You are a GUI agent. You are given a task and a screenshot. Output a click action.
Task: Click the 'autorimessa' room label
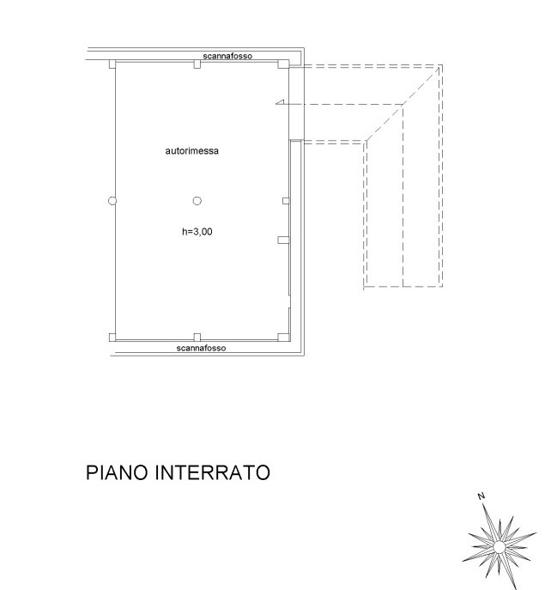pos(191,151)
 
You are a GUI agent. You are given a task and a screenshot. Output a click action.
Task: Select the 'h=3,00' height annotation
pos(197,231)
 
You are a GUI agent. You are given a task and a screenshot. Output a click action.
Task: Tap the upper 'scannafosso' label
pos(227,57)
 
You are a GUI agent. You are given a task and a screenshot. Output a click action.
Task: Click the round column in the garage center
pos(197,201)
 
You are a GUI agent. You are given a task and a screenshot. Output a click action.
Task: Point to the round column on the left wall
pos(112,201)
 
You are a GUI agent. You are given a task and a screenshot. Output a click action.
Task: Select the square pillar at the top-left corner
pos(112,64)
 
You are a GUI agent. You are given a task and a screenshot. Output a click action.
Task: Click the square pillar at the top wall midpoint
pos(197,64)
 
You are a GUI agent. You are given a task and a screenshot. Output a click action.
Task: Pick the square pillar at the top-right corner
pos(283,64)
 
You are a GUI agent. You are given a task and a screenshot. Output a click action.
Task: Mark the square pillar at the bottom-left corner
pos(112,338)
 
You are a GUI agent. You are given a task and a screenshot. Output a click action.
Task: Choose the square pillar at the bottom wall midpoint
pos(197,338)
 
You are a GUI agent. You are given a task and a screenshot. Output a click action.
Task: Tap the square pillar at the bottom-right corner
pos(283,338)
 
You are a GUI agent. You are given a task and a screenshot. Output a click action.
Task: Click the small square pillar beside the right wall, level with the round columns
pos(286,201)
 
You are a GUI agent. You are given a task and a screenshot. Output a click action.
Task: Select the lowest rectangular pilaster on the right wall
pos(282,240)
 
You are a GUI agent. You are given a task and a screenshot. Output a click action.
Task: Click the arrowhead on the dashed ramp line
pos(278,104)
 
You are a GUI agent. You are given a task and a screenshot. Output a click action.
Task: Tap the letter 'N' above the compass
pos(482,496)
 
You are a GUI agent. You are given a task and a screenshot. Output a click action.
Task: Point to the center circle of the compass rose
pos(499,546)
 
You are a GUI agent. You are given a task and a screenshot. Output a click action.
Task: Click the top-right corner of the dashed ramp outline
pos(441,65)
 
